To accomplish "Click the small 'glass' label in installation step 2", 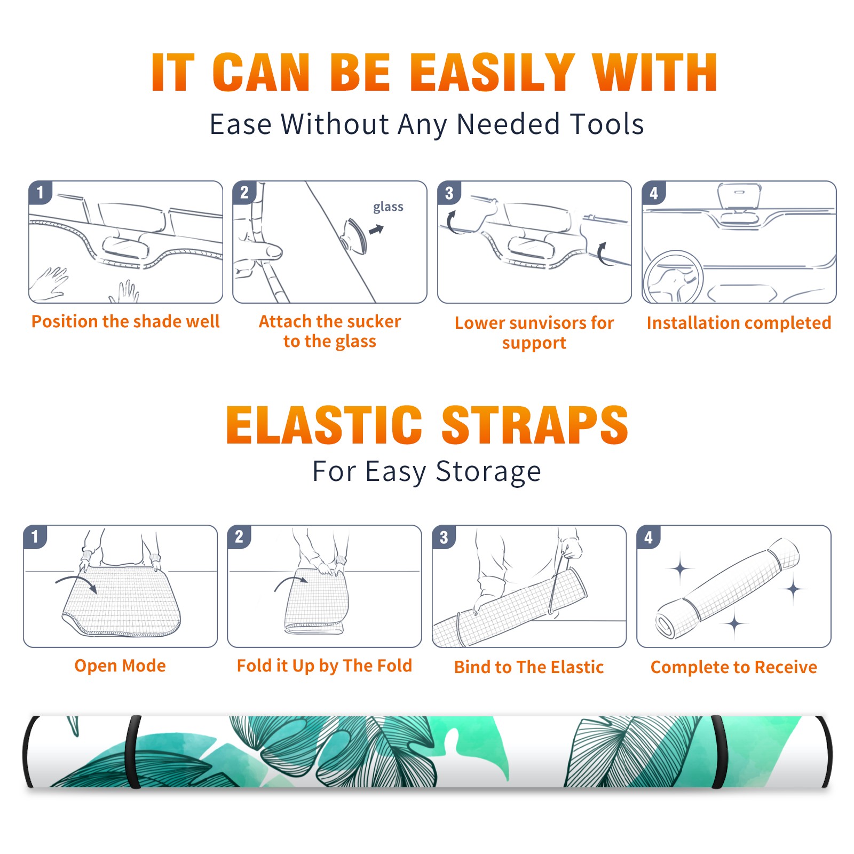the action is (x=388, y=207).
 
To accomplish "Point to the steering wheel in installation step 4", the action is (x=673, y=278).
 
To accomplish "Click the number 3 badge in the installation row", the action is (x=449, y=193).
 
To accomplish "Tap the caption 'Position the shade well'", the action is (x=125, y=321).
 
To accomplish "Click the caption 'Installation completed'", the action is (x=739, y=322).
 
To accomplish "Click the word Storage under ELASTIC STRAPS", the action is (x=488, y=472).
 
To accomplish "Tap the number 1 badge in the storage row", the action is (x=35, y=536).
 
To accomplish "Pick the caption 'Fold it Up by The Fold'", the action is (x=325, y=666).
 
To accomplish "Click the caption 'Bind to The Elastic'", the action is (x=529, y=667).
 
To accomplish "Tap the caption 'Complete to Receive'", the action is (x=734, y=667).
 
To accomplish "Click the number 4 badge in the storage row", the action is (x=649, y=536).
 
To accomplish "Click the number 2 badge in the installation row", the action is (x=244, y=192).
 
